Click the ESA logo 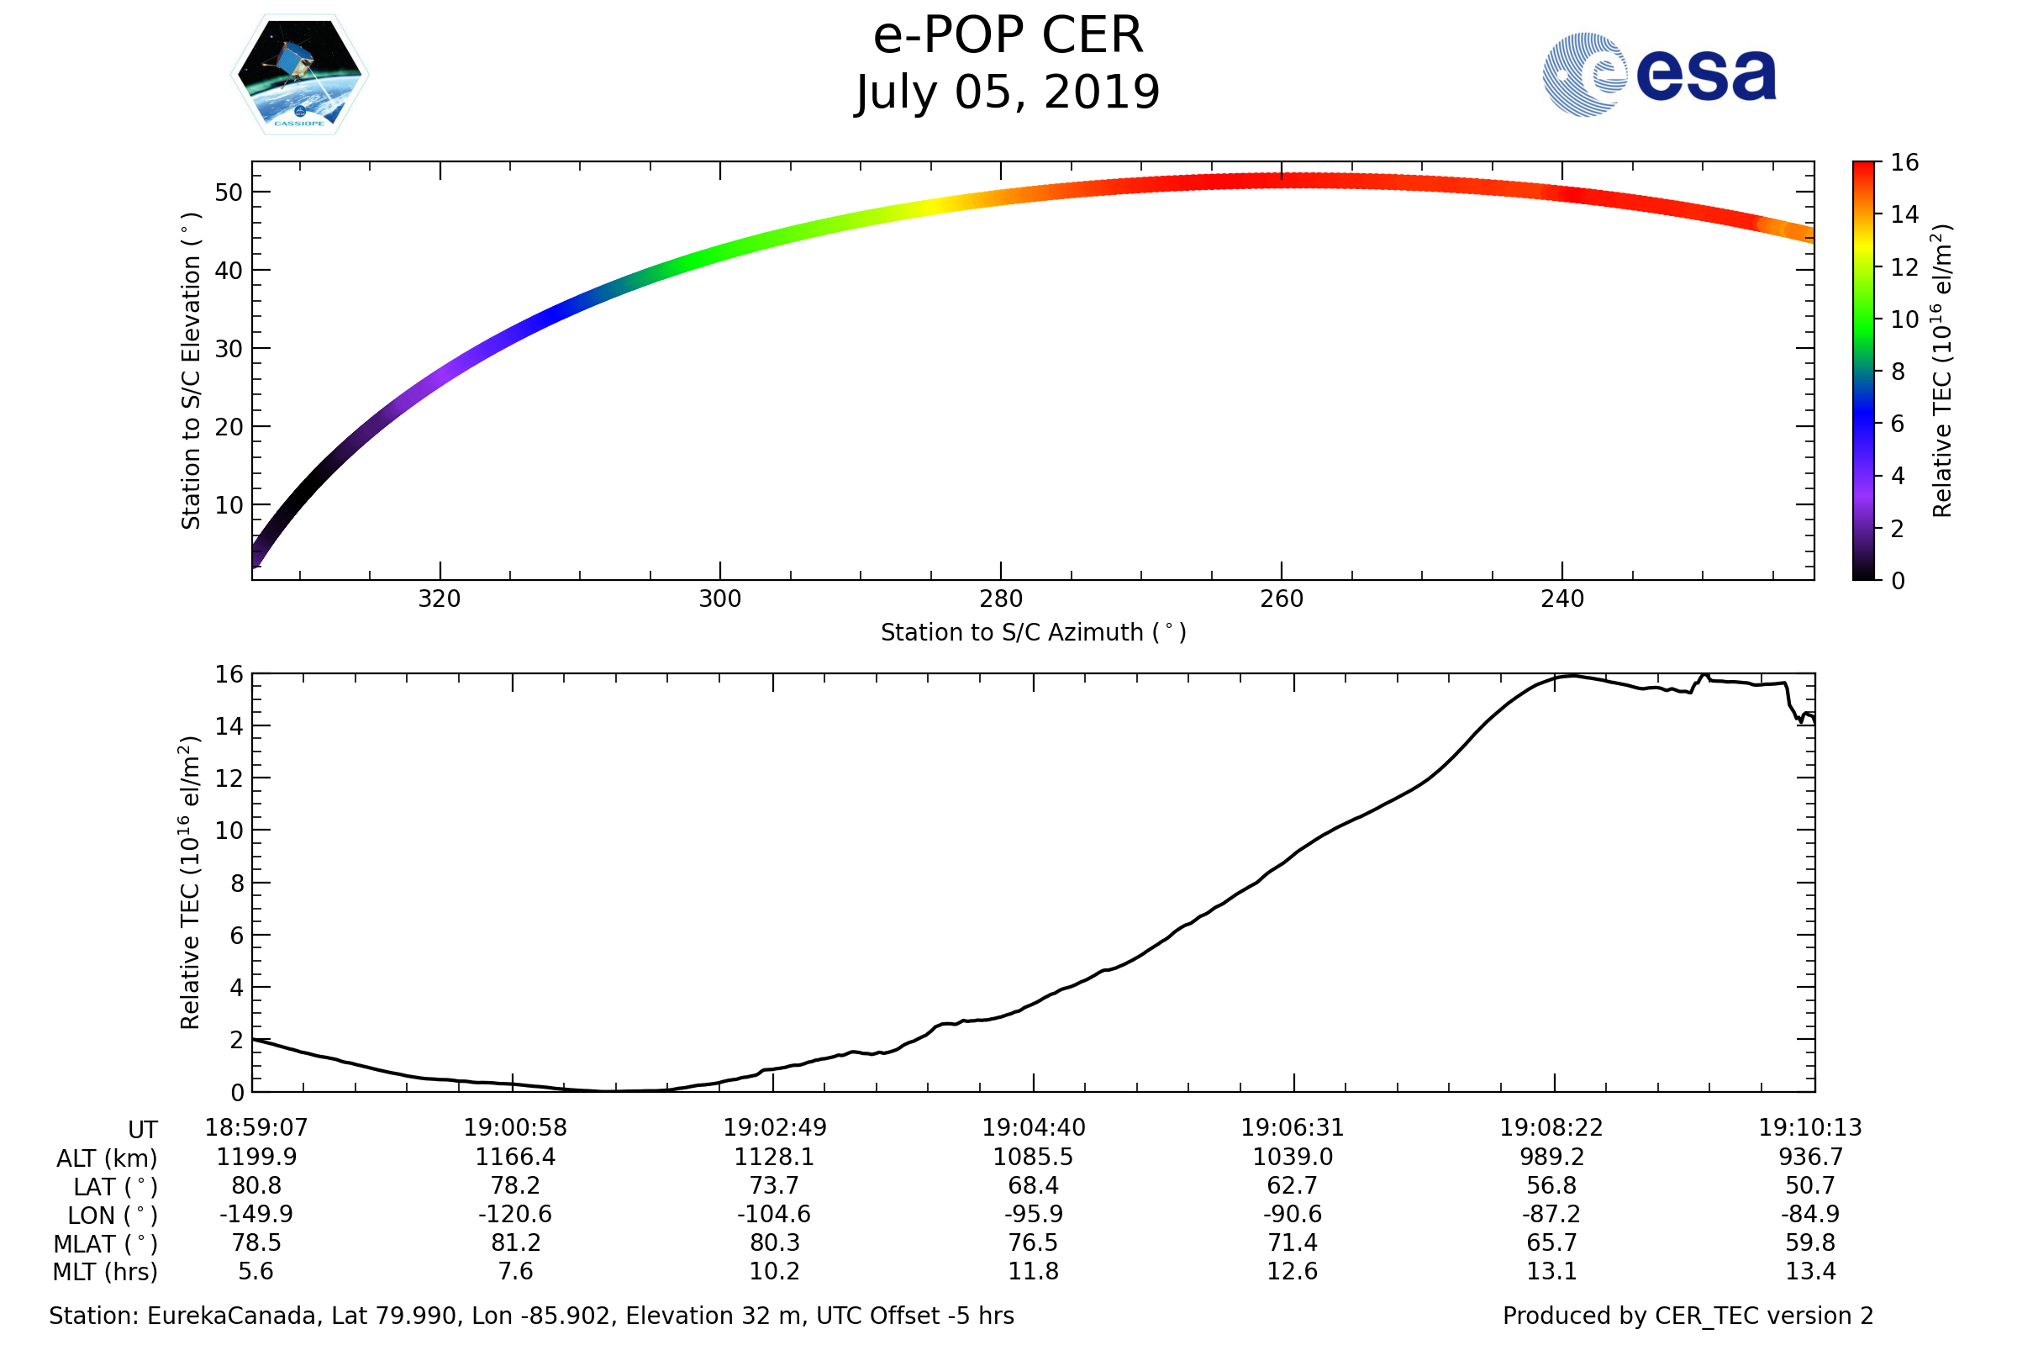point(1658,75)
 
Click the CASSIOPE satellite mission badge point(299,75)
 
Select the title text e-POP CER point(1008,36)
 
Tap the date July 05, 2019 point(1008,92)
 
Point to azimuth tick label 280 point(1000,599)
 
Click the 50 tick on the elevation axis point(229,193)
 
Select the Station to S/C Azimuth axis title point(1034,633)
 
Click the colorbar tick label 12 point(1904,267)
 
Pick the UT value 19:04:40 point(1034,1128)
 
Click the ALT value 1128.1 point(773,1158)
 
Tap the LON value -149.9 point(255,1215)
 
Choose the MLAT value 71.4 point(1293,1243)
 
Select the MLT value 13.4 point(1810,1271)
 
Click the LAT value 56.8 point(1551,1185)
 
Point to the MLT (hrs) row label point(106,1272)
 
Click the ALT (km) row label point(108,1159)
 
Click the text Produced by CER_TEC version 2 point(1688,1316)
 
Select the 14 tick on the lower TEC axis point(229,726)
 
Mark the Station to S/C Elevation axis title point(191,371)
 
